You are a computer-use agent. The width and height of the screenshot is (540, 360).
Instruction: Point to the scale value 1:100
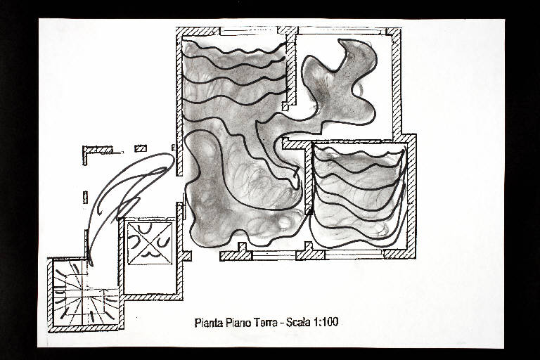pyautogui.click(x=326, y=322)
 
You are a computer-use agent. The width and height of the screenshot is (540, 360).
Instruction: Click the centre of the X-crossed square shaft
pyautogui.click(x=150, y=243)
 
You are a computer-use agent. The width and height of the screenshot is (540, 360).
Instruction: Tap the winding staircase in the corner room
pyautogui.click(x=84, y=295)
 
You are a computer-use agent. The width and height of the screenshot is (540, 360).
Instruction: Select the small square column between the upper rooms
pyautogui.click(x=285, y=106)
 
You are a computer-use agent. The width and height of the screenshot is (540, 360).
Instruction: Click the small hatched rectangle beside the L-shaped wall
pyautogui.click(x=141, y=148)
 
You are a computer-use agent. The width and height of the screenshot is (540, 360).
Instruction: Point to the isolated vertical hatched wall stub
pyautogui.click(x=85, y=198)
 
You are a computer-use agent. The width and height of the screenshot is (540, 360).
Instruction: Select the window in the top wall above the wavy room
pyautogui.click(x=248, y=31)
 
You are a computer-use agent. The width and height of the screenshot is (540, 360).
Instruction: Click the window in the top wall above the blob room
pyautogui.click(x=342, y=31)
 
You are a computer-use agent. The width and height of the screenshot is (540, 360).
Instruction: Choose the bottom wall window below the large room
pyautogui.click(x=274, y=255)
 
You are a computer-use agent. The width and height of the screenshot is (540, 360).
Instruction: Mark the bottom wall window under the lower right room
pyautogui.click(x=354, y=255)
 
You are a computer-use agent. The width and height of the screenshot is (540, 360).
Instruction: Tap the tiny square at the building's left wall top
pyautogui.click(x=173, y=148)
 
